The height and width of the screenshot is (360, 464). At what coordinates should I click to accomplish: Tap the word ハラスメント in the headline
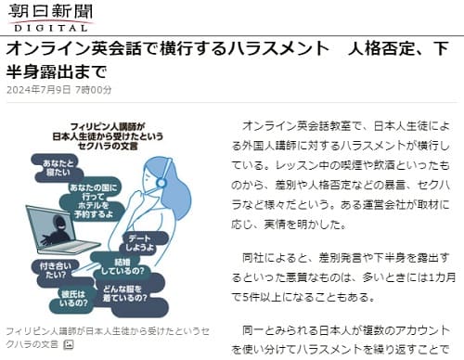point(272,48)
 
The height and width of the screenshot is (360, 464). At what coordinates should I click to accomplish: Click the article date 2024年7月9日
point(36,90)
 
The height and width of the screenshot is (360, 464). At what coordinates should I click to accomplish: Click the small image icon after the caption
point(68,344)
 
